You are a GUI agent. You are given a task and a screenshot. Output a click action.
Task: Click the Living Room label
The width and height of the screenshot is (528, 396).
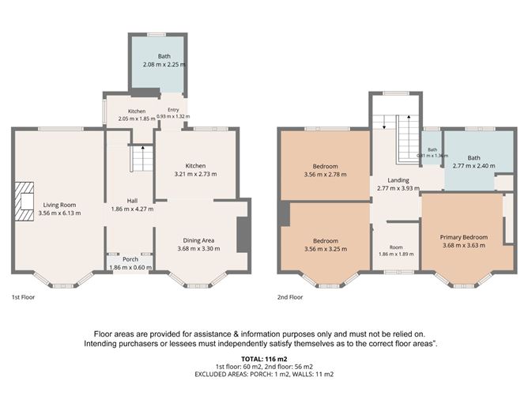point(59,205)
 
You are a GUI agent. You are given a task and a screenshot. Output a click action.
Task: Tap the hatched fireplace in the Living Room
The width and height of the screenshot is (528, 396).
point(24,202)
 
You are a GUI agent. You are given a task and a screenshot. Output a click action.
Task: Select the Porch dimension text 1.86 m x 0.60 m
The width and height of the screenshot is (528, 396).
point(130,267)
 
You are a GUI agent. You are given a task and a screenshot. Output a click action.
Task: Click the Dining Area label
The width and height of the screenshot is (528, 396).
point(198,240)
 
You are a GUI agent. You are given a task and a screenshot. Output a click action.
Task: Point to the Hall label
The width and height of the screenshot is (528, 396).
point(132,201)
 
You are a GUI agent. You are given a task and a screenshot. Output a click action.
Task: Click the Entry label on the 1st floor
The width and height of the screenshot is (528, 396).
point(173,110)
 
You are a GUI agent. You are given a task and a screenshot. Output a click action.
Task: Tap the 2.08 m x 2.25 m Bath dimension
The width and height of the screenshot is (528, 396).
point(164,64)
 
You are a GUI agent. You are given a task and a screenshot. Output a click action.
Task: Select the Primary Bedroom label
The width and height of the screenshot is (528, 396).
point(464,237)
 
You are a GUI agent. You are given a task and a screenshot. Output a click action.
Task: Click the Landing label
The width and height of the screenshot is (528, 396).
point(398,180)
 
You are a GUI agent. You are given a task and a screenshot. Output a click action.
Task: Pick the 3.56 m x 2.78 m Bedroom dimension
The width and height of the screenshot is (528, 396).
point(326,175)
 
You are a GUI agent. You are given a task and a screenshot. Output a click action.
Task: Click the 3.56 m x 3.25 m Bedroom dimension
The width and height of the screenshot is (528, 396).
point(326,249)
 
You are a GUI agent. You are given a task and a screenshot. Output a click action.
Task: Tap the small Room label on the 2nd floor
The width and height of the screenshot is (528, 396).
point(396,247)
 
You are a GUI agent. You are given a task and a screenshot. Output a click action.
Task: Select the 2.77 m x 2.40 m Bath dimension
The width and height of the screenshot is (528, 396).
point(474,166)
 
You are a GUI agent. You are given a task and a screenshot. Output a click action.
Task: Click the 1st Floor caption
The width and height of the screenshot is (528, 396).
point(23,297)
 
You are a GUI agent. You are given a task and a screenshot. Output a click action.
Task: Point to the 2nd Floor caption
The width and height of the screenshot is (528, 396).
point(290,297)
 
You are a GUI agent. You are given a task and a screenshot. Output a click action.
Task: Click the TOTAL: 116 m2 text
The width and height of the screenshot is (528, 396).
point(264,359)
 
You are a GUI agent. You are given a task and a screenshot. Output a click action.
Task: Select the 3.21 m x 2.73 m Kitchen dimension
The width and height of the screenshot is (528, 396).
point(196,174)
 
